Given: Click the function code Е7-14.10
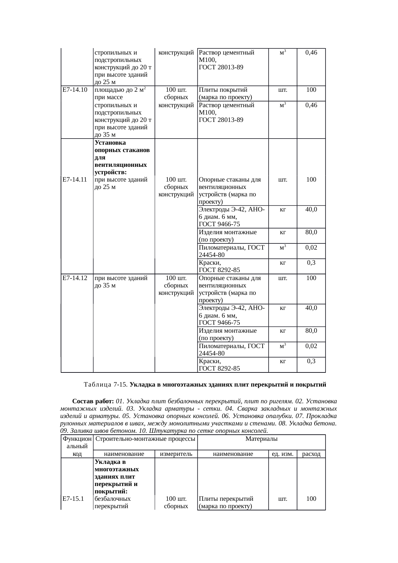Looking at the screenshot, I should coord(75,90).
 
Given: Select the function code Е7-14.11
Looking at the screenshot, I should coord(75,180).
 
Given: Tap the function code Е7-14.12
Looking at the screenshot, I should coord(75,278).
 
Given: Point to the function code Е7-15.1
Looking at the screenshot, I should coord(74,499).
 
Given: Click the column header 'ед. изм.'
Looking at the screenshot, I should coord(282,454).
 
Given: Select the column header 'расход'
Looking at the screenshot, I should coord(311,454).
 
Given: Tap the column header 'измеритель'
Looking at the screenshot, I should coord(176,454).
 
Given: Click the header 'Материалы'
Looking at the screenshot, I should coord(261,438).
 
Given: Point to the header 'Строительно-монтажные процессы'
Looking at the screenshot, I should coord(145,438).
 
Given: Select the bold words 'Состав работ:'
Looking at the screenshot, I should coord(93,401).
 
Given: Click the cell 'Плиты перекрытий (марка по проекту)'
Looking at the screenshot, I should coord(226,502).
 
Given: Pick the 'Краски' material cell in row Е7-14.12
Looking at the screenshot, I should coord(219,365).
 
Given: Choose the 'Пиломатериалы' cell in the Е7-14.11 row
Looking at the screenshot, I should coord(231,251).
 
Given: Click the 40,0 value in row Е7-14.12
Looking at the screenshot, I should coord(311,308).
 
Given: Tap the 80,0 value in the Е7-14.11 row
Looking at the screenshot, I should coord(311,232).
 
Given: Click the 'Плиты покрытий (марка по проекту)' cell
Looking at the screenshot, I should coord(225,93).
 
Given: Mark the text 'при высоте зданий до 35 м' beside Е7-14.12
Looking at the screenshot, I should coord(121,282).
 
